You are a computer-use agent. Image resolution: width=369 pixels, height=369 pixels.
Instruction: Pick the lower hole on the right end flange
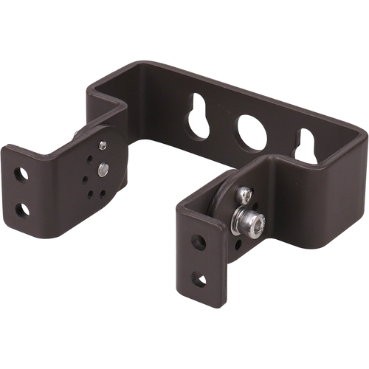pos(198,278)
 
